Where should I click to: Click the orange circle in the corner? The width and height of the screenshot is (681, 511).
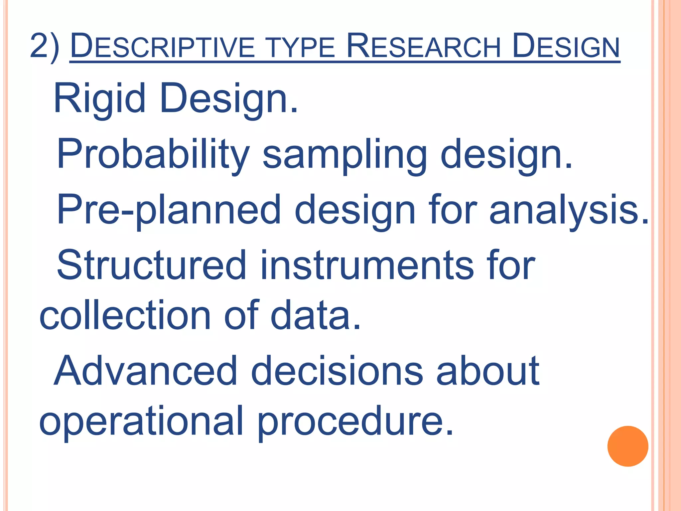pos(627,446)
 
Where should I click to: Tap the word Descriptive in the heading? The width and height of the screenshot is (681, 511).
pos(162,47)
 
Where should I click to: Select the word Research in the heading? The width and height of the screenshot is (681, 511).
pos(423,47)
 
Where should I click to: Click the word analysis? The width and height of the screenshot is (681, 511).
pos(568,211)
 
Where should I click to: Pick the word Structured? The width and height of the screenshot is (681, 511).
pos(152,265)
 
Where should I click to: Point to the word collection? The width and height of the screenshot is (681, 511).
pos(125,315)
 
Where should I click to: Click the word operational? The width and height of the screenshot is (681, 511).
pos(141,422)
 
